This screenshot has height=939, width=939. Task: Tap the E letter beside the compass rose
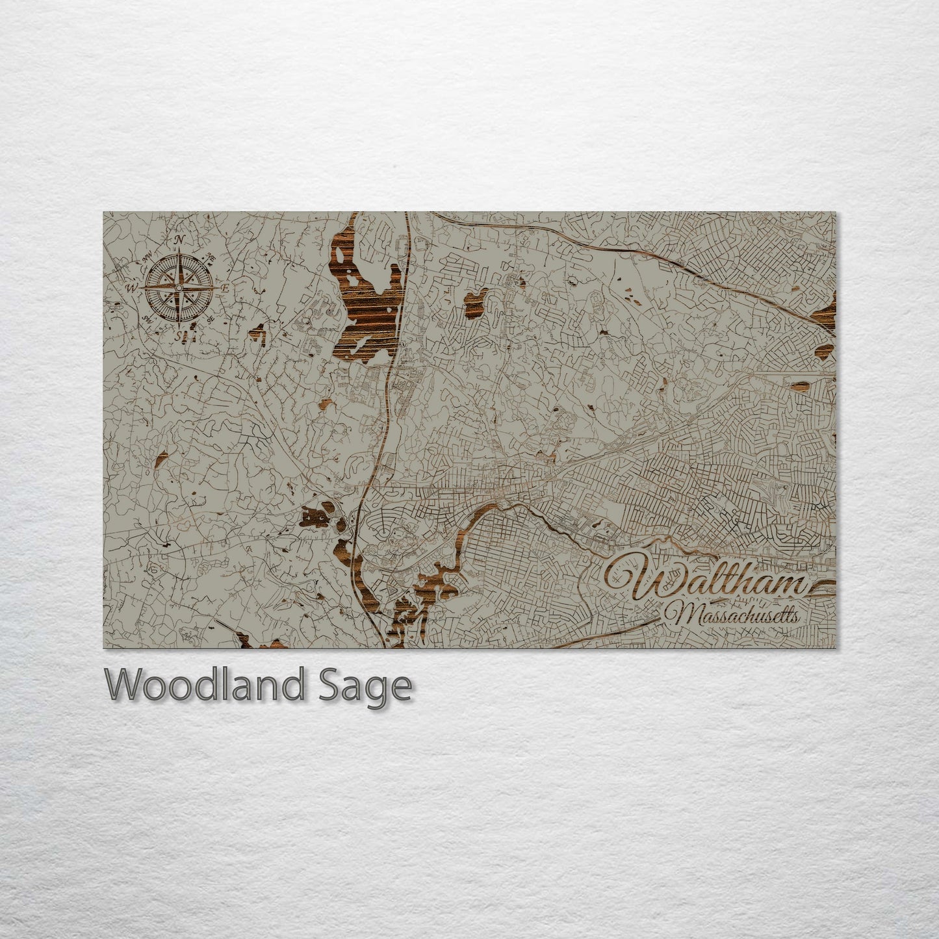225,287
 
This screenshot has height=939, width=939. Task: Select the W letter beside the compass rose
131,287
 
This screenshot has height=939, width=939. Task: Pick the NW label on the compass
147,255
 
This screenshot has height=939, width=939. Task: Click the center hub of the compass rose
179,287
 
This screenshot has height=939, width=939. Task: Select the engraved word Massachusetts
735,614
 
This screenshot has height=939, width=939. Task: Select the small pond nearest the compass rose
258,333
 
